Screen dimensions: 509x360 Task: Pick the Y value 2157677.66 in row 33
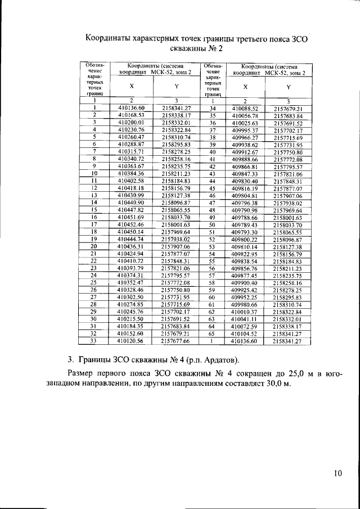click(176, 340)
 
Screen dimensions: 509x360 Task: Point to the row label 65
click(213, 333)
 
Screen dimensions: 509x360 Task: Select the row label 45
click(213, 188)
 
